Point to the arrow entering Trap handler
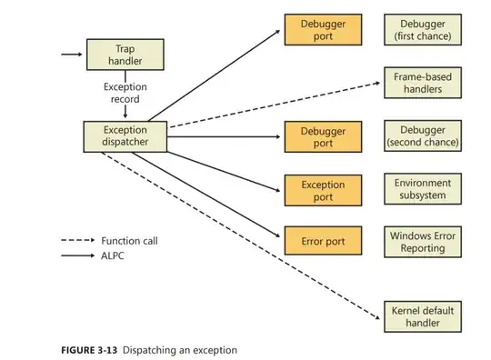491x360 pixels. coord(71,55)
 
